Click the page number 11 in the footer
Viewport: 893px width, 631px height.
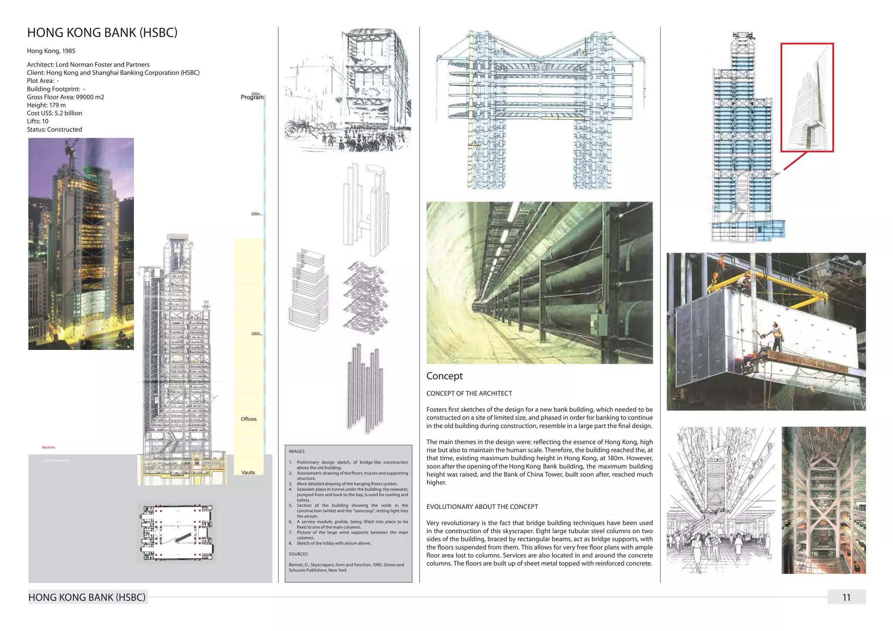click(846, 597)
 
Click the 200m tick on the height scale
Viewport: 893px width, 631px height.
click(256, 214)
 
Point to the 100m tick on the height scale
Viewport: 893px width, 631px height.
click(256, 333)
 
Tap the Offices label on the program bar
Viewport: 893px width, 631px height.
click(249, 419)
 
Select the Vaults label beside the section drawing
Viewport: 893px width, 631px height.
click(248, 472)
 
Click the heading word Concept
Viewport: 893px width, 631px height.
click(444, 376)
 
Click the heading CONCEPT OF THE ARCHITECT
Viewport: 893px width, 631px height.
click(469, 394)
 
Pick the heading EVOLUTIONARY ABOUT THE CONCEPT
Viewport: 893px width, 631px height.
click(482, 507)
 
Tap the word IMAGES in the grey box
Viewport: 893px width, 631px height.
click(297, 451)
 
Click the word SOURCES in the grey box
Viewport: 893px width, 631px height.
click(298, 554)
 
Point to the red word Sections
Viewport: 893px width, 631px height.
click(48, 448)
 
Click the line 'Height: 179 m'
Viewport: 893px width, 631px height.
click(46, 105)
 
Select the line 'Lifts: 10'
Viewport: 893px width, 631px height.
click(37, 121)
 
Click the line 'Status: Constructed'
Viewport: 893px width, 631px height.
click(55, 129)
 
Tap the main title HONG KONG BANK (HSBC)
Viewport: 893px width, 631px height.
click(102, 33)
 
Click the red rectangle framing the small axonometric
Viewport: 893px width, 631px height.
click(807, 44)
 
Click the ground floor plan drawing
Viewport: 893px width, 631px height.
click(177, 533)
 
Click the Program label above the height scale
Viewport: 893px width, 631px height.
click(252, 98)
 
